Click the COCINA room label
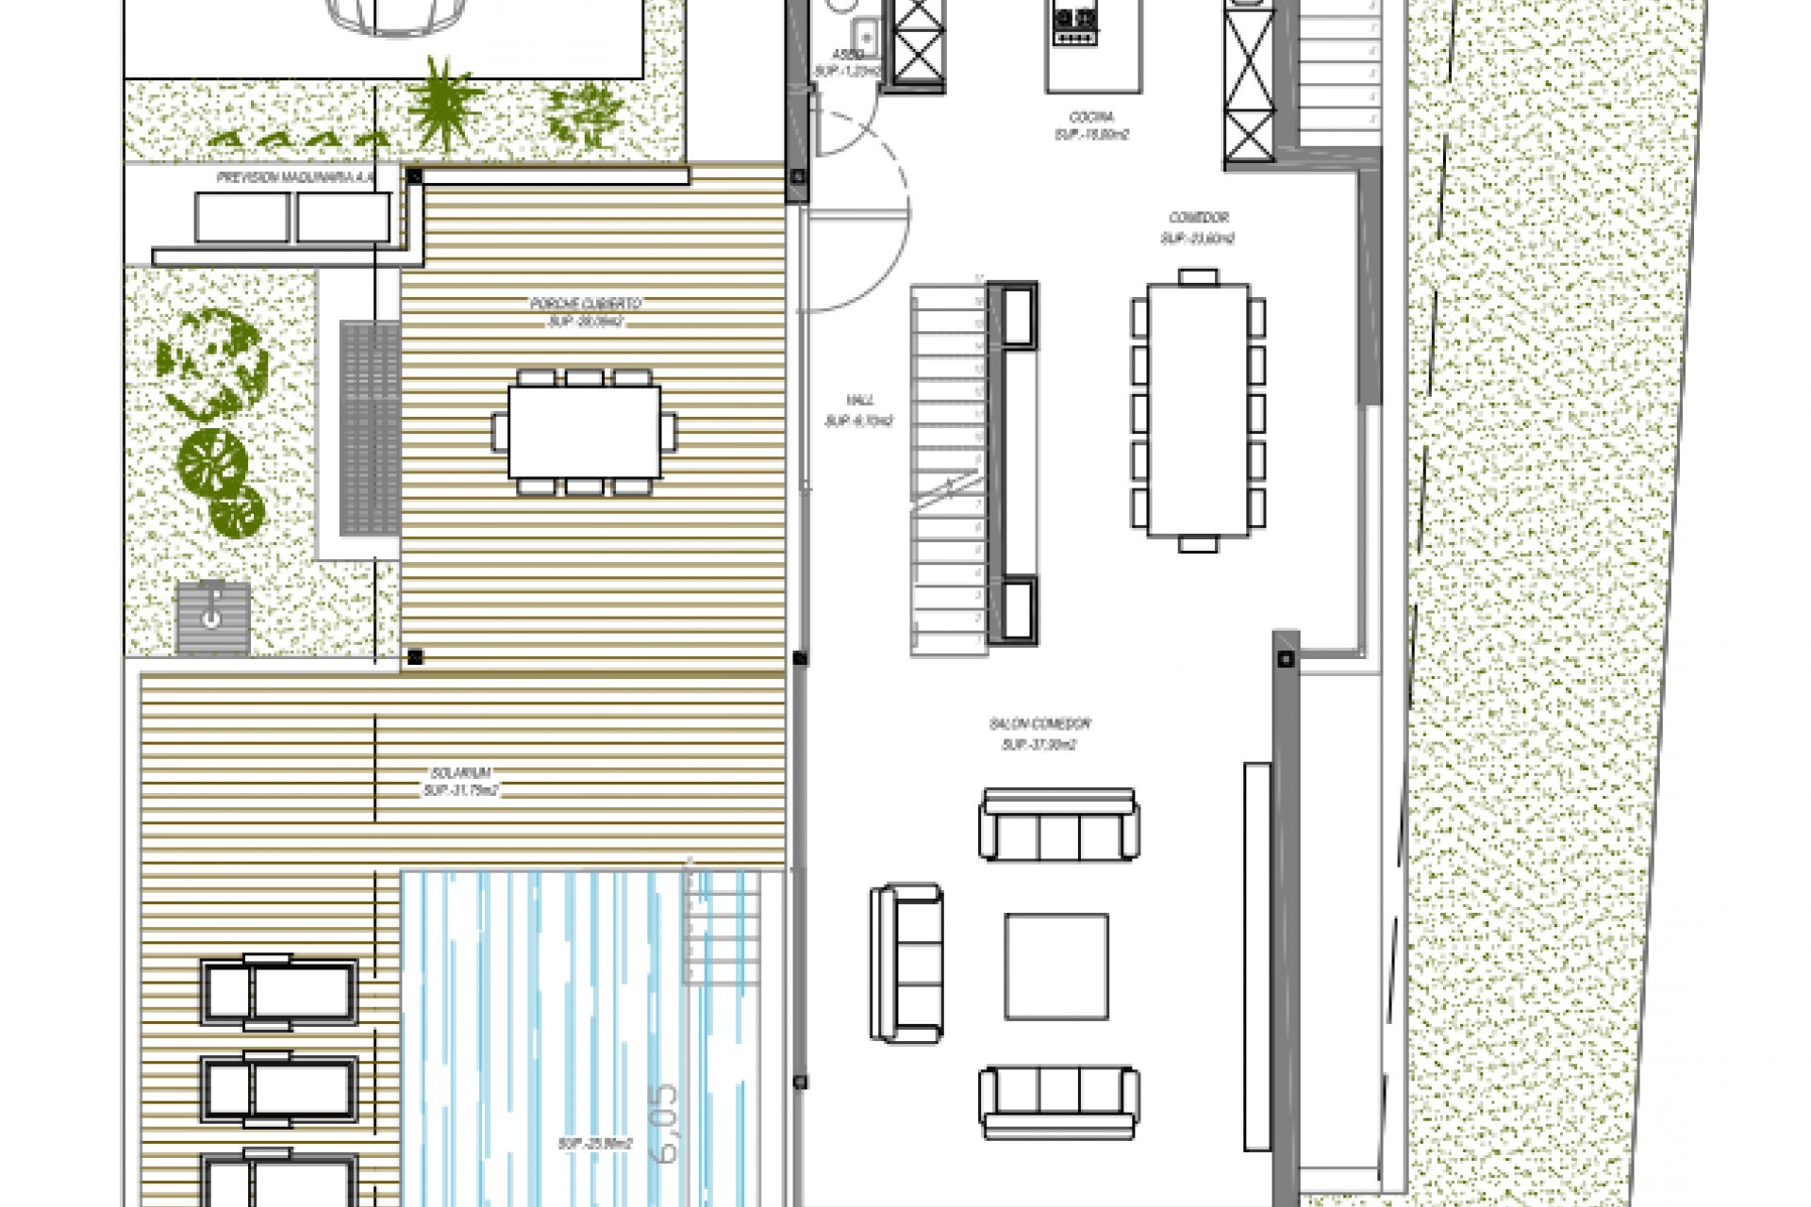click(x=1091, y=117)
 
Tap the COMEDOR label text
click(x=1198, y=218)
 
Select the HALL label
click(x=859, y=401)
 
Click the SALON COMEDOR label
click(x=1039, y=724)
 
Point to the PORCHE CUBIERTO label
click(x=586, y=304)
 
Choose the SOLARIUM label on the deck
click(x=460, y=773)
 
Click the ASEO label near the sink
click(x=848, y=56)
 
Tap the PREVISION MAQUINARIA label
click(x=295, y=177)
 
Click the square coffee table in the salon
click(x=1055, y=967)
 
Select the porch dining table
click(x=584, y=432)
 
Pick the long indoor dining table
click(x=1198, y=410)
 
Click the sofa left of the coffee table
click(x=906, y=963)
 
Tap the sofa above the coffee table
click(x=1058, y=825)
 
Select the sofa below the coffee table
click(x=1058, y=1102)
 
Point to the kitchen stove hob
click(x=1075, y=25)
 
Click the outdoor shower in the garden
click(x=213, y=617)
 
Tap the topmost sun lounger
click(x=278, y=992)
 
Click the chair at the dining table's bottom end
click(x=1198, y=544)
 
